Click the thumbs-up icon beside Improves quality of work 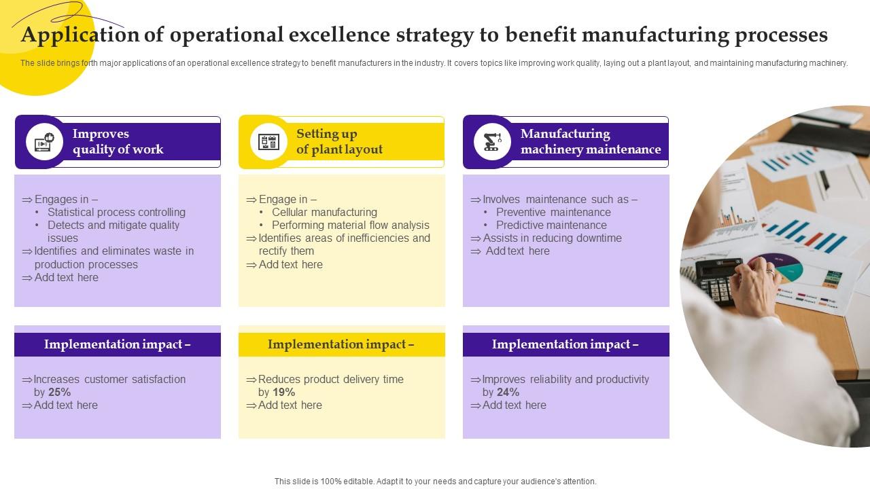[45, 142]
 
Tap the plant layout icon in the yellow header [269, 142]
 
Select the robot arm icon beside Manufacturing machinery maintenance [492, 142]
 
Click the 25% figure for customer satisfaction [60, 393]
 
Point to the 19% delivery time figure [284, 393]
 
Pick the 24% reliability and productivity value [508, 393]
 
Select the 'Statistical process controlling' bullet [116, 213]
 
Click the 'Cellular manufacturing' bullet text [324, 213]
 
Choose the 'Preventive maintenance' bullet [553, 213]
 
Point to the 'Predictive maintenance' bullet [551, 225]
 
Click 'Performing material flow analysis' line [350, 225]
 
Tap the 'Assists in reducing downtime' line [552, 238]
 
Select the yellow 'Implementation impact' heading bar [341, 344]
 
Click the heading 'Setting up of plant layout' [339, 142]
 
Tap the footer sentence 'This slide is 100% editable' [435, 482]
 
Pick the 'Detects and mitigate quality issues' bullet [114, 232]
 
